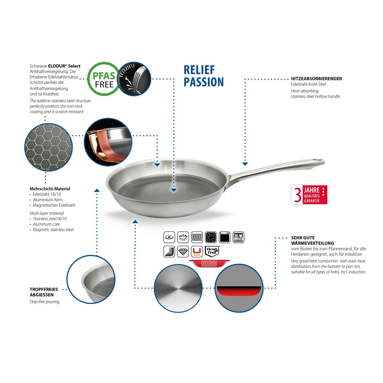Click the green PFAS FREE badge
103,79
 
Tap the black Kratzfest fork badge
134,79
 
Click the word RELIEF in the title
199,70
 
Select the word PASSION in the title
204,82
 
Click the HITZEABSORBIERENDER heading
316,79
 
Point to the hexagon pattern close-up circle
49,147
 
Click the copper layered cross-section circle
108,142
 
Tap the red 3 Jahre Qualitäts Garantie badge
309,195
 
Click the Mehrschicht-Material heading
50,189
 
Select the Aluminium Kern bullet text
48,200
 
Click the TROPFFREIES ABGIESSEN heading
44,292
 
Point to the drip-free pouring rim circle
91,280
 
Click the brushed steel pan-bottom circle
178,288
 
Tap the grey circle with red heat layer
239,288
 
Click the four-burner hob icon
211,237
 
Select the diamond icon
183,252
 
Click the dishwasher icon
238,237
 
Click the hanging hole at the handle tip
318,160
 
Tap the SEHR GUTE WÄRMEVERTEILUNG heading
312,241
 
